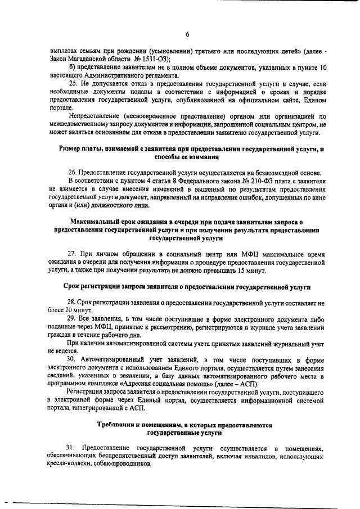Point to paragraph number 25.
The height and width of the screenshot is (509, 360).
pos(73,83)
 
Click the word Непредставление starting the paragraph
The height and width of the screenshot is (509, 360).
pos(93,116)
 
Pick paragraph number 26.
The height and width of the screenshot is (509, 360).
pos(73,172)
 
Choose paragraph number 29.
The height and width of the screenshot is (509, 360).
pos(73,318)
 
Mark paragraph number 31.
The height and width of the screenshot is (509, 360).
pos(73,448)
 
